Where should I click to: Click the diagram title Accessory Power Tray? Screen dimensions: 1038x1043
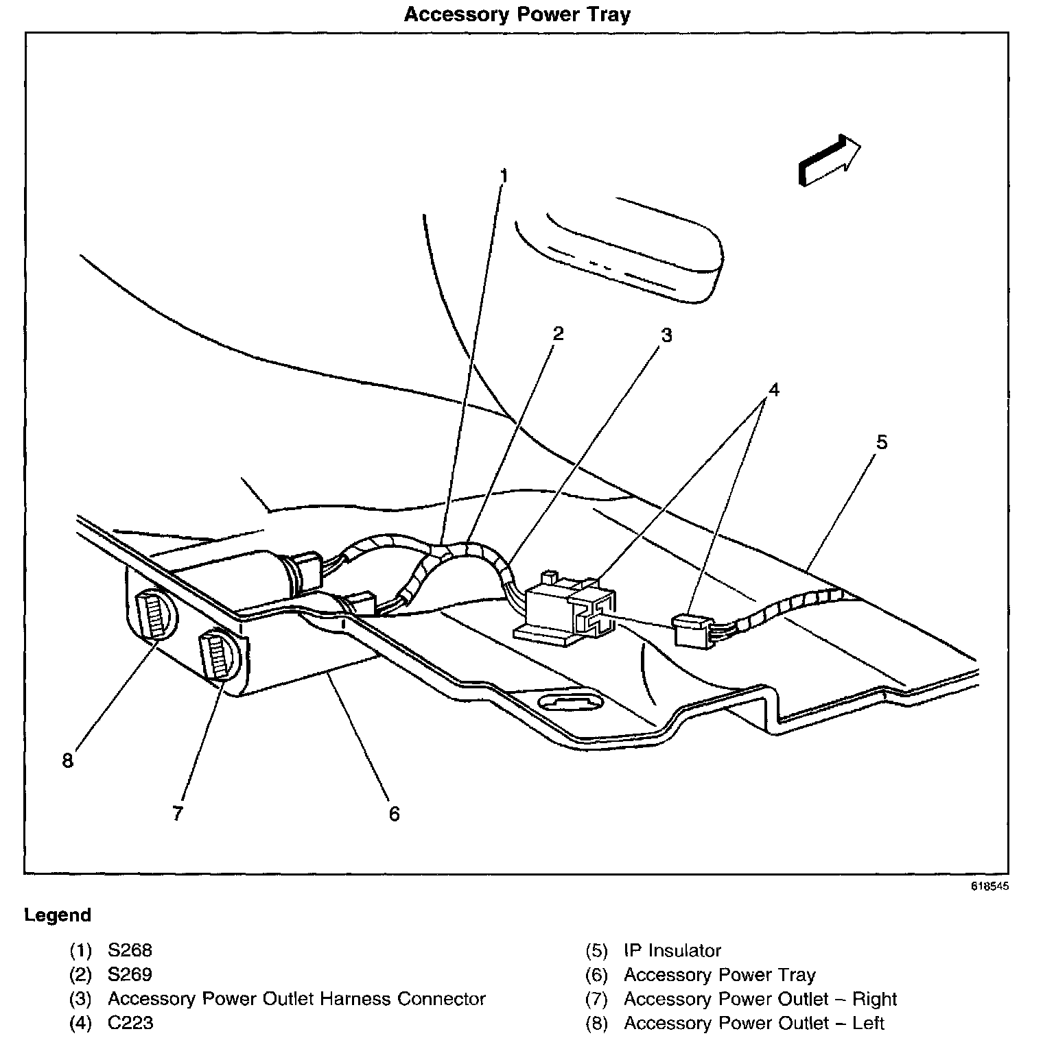(x=517, y=14)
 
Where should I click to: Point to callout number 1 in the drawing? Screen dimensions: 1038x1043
(x=504, y=176)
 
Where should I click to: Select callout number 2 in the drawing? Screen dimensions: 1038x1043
(x=558, y=333)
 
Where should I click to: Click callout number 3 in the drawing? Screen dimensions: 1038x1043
(x=666, y=335)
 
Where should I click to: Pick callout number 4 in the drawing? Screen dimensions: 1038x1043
(x=773, y=389)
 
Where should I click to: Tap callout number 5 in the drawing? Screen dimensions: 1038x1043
(x=882, y=442)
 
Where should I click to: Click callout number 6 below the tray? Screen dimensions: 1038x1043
(x=394, y=814)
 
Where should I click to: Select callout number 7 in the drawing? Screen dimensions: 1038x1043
(x=178, y=813)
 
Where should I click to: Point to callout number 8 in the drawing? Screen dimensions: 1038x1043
(x=67, y=760)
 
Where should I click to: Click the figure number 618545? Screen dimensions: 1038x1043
(x=989, y=886)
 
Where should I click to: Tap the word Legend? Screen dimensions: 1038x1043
(x=58, y=915)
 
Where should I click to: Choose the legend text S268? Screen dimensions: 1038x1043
(x=130, y=950)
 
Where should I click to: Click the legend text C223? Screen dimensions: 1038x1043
(x=130, y=1023)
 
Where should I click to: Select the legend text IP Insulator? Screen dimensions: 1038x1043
(x=672, y=950)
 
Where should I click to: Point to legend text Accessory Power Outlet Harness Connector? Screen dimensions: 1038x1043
(x=296, y=999)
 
